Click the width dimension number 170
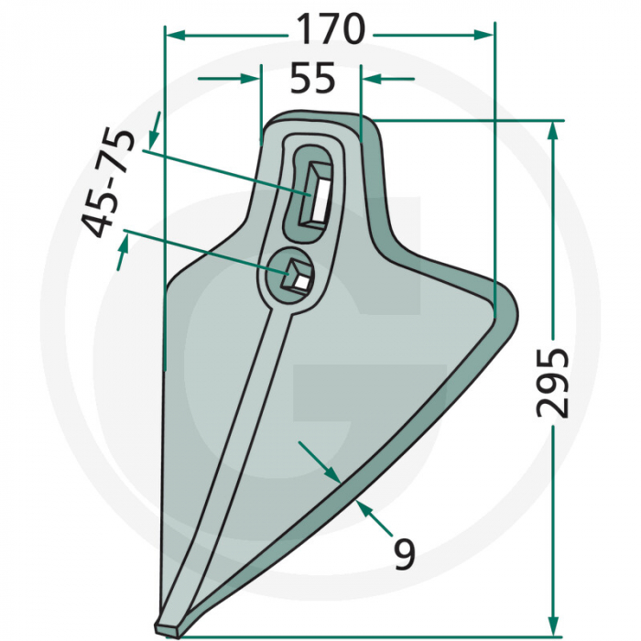click(x=329, y=31)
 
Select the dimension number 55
click(x=311, y=80)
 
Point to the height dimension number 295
click(x=554, y=382)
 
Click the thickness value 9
click(x=405, y=553)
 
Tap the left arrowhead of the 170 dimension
click(x=175, y=35)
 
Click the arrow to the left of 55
click(x=249, y=79)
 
